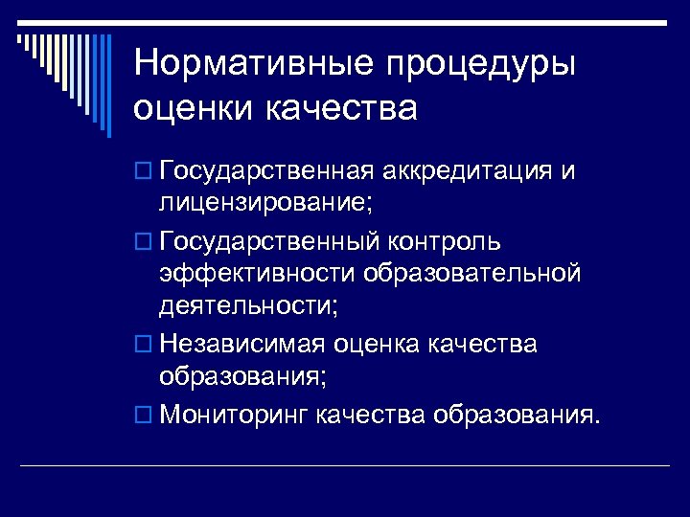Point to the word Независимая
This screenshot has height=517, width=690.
pyautogui.click(x=244, y=343)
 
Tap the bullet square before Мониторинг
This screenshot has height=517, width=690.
pyautogui.click(x=143, y=416)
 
